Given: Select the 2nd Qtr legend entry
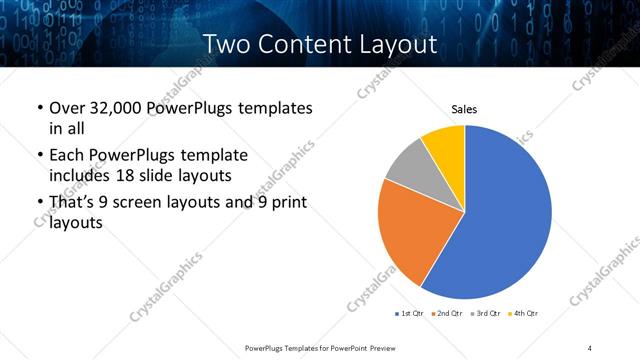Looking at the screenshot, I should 446,314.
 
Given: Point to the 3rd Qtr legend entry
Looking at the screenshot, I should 485,314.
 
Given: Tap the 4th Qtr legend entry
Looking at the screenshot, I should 523,314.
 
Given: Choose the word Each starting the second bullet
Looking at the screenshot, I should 68,155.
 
